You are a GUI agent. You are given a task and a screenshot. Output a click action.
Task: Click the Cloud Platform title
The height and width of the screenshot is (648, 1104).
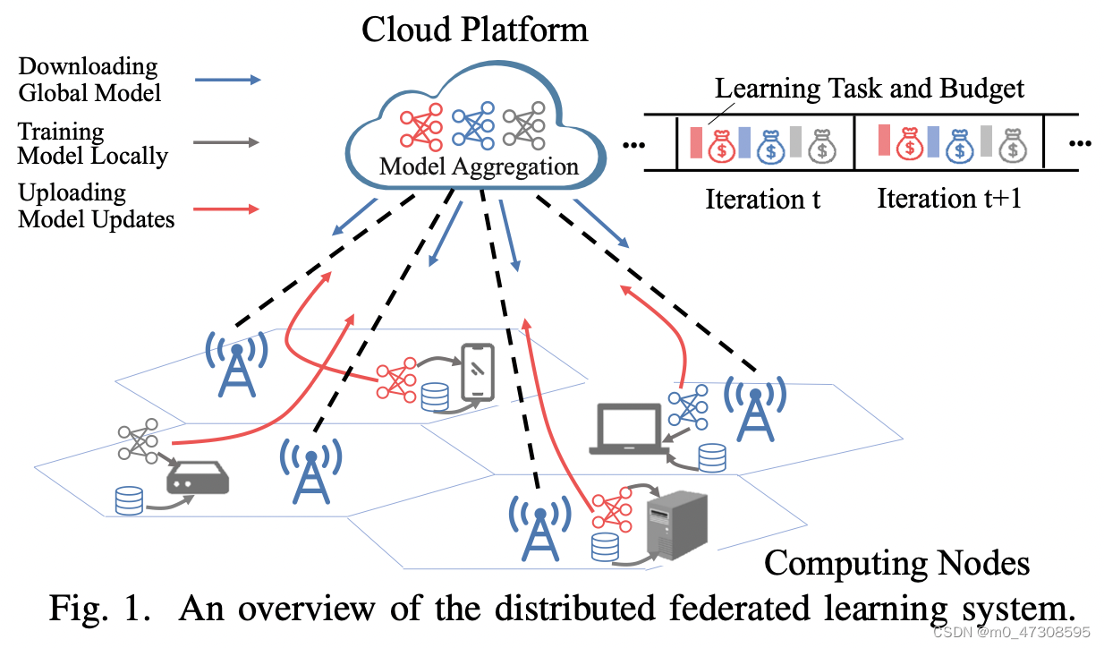(x=474, y=30)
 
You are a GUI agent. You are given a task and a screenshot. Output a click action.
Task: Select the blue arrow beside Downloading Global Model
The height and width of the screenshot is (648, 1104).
(x=227, y=81)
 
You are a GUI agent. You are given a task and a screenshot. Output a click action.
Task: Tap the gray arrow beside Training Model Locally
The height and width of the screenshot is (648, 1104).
(x=227, y=143)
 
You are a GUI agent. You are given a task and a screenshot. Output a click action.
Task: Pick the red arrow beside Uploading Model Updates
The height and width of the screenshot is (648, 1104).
(x=227, y=209)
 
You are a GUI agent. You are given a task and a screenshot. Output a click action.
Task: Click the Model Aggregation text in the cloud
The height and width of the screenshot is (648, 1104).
(x=479, y=166)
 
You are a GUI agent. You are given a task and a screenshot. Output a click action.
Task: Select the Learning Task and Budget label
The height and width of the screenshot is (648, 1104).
(x=870, y=89)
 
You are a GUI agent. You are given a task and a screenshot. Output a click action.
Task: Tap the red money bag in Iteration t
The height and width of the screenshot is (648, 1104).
(x=722, y=144)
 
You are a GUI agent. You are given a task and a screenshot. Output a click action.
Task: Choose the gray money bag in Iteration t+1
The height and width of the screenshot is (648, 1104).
(x=1012, y=143)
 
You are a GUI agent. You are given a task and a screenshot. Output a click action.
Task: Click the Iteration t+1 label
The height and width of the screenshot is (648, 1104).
(x=949, y=198)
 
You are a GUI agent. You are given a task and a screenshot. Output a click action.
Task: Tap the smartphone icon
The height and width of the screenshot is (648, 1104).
(x=478, y=371)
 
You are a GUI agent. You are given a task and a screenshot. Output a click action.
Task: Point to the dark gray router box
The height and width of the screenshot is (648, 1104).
(x=198, y=481)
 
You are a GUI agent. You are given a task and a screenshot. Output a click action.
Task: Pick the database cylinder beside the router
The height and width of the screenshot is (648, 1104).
(x=130, y=499)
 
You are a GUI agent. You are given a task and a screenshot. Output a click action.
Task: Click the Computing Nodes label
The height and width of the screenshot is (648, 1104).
(x=896, y=563)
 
